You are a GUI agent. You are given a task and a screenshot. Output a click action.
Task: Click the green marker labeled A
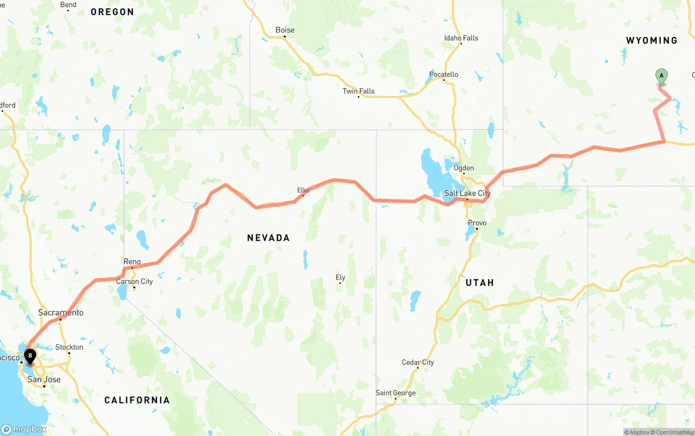pos(661,77)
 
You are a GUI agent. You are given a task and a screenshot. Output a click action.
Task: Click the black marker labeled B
pos(30,357)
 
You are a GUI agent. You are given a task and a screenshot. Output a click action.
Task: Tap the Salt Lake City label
pos(467,193)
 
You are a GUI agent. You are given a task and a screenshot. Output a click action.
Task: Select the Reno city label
pos(132,262)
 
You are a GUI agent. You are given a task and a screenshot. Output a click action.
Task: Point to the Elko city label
pos(303,190)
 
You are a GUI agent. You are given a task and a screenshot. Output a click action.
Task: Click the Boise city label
pos(285,30)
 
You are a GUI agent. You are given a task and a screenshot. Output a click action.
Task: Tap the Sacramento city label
pos(61,313)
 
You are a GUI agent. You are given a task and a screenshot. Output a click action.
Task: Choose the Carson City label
pos(135,281)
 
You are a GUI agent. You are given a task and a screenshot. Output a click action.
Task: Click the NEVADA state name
pos(268,238)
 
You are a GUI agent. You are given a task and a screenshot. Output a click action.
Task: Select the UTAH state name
pos(479,282)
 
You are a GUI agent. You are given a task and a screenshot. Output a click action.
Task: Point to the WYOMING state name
pos(652,41)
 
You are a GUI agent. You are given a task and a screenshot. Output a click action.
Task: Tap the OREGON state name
pos(112,12)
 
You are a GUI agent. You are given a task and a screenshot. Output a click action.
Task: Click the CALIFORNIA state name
pos(137,400)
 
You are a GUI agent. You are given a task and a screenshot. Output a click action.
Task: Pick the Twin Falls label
pos(358,91)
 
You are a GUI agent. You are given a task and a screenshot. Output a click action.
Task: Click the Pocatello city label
pos(444,74)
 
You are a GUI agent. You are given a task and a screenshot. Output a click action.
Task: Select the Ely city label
pos(340,277)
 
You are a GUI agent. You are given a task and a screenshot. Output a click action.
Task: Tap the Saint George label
pos(395,393)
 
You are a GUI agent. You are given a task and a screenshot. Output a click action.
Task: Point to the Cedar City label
pos(418,362)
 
